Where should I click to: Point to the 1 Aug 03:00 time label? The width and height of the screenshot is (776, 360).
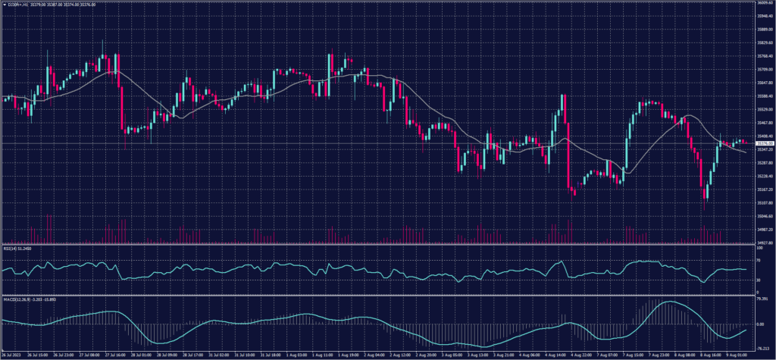[297, 354]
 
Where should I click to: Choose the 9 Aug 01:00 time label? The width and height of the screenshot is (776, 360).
[739, 354]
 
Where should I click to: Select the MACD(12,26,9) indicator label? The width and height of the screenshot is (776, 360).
[18, 299]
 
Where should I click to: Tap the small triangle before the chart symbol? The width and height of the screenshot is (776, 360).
[4, 5]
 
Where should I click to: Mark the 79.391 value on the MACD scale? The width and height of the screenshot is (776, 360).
[762, 299]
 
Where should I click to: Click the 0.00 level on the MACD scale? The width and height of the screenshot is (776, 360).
[760, 324]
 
